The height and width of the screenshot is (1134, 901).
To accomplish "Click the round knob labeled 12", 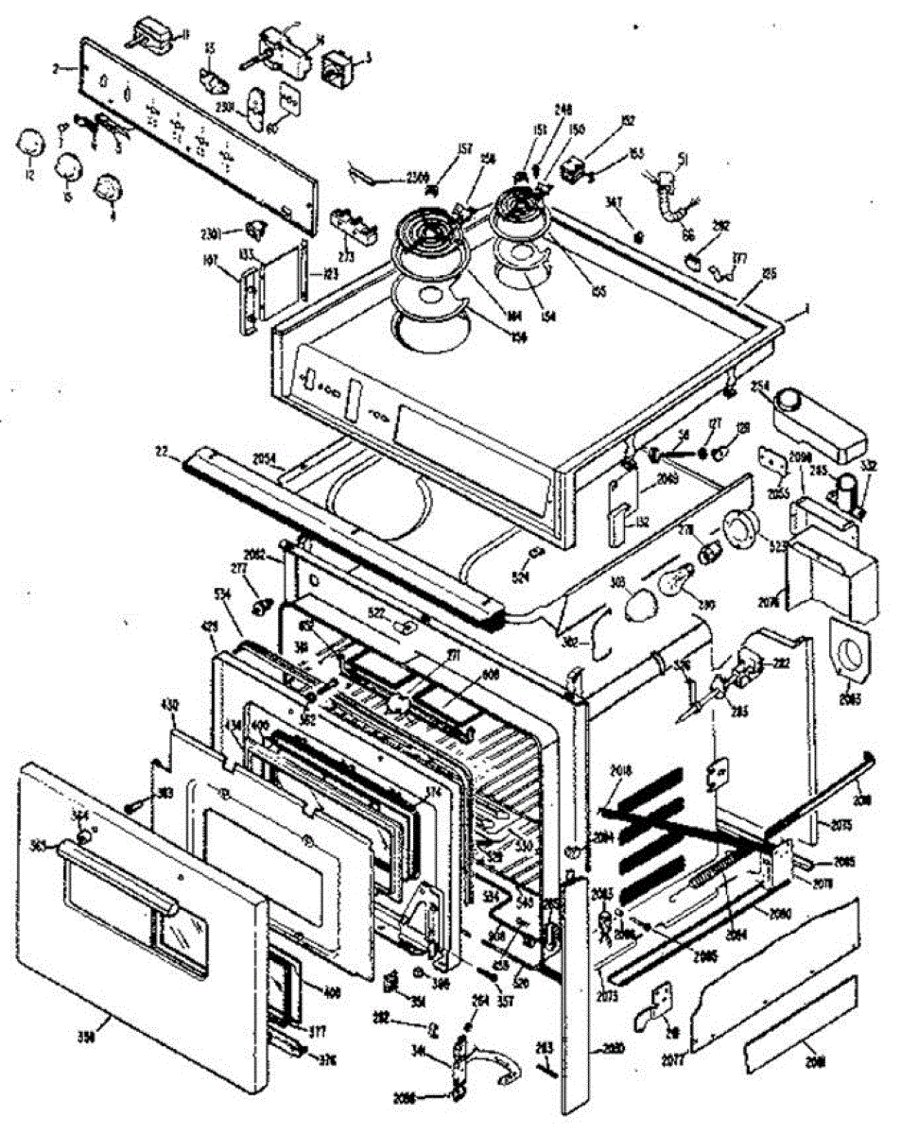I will point(31,145).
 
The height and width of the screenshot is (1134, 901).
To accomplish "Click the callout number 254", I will point(760,387).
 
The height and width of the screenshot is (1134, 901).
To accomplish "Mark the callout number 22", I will point(163,454).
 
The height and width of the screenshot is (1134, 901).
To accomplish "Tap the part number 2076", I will point(795,601).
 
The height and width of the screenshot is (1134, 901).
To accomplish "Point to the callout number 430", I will point(170,706).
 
